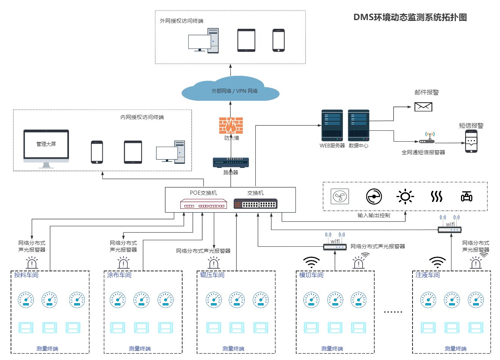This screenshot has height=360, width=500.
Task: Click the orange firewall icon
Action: pyautogui.click(x=231, y=125)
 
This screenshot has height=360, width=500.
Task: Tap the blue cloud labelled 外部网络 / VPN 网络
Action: pyautogui.click(x=231, y=90)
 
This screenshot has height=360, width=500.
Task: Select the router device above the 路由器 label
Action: pyautogui.click(x=231, y=163)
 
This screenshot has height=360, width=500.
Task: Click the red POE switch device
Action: pyautogui.click(x=203, y=204)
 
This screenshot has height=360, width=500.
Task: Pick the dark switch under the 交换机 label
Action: pyautogui.click(x=255, y=204)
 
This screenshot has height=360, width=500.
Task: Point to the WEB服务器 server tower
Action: pyautogui.click(x=332, y=125)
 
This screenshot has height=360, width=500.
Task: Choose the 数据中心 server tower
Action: pyautogui.click(x=358, y=125)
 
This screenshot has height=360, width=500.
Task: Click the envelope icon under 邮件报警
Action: pyautogui.click(x=423, y=106)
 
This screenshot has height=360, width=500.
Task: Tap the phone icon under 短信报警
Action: pyautogui.click(x=471, y=141)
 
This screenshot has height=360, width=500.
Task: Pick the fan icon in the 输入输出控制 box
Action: pyautogui.click(x=339, y=197)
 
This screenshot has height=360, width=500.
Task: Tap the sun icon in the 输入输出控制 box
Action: pyautogui.click(x=405, y=197)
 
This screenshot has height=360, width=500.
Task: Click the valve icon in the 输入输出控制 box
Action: pyautogui.click(x=467, y=197)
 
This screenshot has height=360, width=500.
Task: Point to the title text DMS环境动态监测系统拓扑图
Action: pyautogui.click(x=410, y=17)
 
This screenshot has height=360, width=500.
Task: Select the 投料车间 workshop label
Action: pyautogui.click(x=26, y=275)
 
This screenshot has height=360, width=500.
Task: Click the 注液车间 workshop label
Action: pyautogui.click(x=428, y=275)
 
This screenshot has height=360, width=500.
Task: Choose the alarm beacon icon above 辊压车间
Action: pyautogui.click(x=214, y=263)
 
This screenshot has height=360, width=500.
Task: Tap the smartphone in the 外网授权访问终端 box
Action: pyautogui.click(x=278, y=40)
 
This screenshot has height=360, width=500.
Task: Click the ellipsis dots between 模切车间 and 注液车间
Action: pyautogui.click(x=393, y=312)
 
